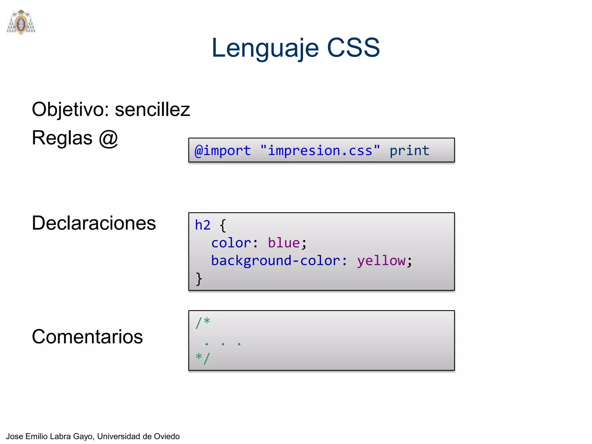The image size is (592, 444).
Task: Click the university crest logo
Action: coord(21,22)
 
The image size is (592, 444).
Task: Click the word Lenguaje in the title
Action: coord(265,48)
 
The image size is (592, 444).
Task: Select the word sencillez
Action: coord(152,110)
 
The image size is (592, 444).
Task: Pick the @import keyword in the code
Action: coord(223,151)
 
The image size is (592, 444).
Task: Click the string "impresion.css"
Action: coord(320,151)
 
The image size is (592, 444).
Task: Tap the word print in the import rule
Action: coord(409,151)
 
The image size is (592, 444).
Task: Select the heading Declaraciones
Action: coord(94,223)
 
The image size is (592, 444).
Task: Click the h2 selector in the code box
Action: coord(203,225)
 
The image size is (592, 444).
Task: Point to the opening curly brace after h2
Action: coord(223,225)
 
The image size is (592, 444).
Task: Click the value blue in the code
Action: coord(284,243)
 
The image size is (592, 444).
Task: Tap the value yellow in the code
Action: coord(381,261)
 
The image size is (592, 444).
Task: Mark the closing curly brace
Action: coord(199,279)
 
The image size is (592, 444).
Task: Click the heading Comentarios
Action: coord(87,337)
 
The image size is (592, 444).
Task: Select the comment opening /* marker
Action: coord(203,323)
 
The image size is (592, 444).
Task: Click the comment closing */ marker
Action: coord(203,358)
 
